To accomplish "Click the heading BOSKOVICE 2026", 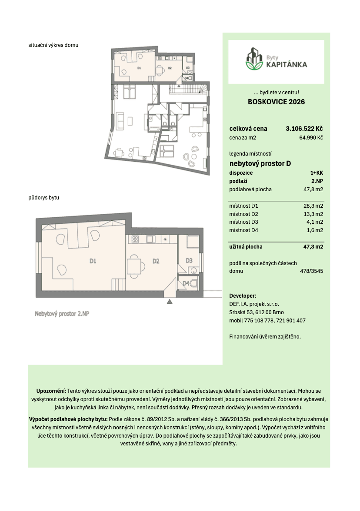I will point(276,102).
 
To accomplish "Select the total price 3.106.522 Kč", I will point(304,129).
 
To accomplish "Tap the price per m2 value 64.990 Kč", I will point(311,138).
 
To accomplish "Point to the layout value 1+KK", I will point(317,173).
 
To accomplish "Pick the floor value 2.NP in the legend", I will point(317,181).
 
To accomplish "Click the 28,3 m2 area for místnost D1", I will point(313,206).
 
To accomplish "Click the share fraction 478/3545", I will point(311,271).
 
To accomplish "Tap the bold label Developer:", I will point(243,296).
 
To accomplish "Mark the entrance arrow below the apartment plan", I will point(170,301).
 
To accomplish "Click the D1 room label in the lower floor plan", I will point(93,261).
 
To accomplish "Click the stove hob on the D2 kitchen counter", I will point(134,239).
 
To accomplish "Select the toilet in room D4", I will point(194,284).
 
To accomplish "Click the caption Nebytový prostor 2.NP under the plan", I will point(63,313).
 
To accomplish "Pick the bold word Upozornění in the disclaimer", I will point(51,391).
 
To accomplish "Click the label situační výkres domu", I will point(53,45).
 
